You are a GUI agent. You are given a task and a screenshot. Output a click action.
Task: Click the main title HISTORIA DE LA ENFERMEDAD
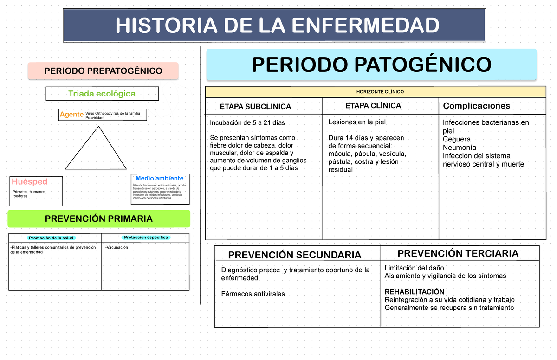point(277,26)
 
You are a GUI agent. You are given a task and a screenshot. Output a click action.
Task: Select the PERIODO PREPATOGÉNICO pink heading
point(103,71)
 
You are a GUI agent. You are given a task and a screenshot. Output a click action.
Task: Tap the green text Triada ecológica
point(102,94)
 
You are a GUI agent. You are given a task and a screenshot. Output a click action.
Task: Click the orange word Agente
point(71,114)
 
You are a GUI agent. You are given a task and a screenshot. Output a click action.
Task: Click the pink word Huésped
point(30,181)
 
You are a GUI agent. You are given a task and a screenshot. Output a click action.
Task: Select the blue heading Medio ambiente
point(159,178)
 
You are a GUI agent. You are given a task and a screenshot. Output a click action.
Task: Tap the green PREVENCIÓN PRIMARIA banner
point(98,219)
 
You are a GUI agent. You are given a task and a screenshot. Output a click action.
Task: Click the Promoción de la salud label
point(52,238)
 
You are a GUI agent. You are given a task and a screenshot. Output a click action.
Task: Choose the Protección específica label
point(146,238)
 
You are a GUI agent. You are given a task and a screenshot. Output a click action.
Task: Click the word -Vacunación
point(117,248)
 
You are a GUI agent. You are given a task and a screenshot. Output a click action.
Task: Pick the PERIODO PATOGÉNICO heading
point(371,64)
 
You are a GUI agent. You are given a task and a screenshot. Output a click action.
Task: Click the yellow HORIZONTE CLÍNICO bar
point(376,92)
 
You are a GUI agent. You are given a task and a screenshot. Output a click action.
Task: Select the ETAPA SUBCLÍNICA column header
point(255,107)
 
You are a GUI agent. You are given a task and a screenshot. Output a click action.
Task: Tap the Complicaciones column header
point(476,106)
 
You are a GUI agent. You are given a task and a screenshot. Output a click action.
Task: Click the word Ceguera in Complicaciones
point(456,139)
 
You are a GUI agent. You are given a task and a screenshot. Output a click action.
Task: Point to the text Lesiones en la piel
point(357,122)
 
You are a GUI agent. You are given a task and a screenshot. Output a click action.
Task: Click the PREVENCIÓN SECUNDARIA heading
point(295,255)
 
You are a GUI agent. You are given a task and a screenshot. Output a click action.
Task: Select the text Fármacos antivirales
point(253,294)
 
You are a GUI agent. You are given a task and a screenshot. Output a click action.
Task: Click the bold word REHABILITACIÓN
point(415,292)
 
